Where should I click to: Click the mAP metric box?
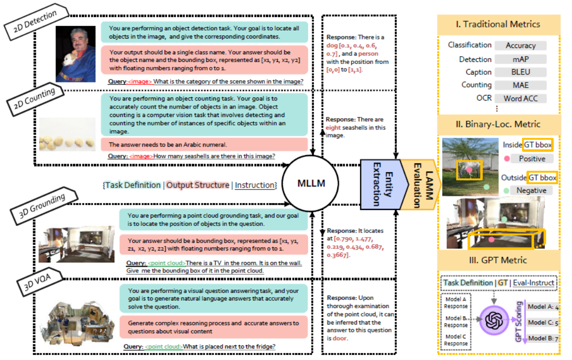[520, 59]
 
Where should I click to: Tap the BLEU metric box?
[520, 72]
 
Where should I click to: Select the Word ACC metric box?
[520, 98]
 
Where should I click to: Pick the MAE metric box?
[520, 85]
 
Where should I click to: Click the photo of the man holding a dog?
[76, 53]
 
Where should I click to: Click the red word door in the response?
[340, 338]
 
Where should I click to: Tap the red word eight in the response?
[334, 127]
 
